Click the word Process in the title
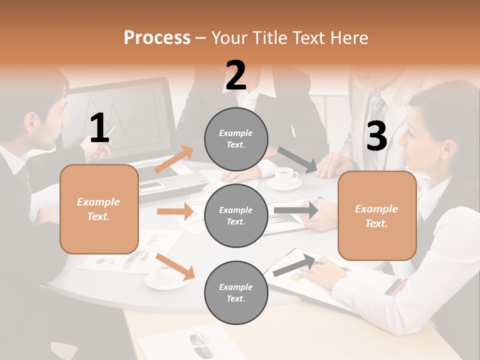tap(157, 37)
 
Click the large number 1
tap(99, 128)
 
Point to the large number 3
tap(376, 136)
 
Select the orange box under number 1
tap(99, 209)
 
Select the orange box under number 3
tap(377, 215)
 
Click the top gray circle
tap(236, 139)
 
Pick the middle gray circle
tap(236, 215)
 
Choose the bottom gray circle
tap(236, 292)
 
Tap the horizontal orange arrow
tap(174, 211)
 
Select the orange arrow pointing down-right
tap(175, 266)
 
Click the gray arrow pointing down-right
tap(297, 160)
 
